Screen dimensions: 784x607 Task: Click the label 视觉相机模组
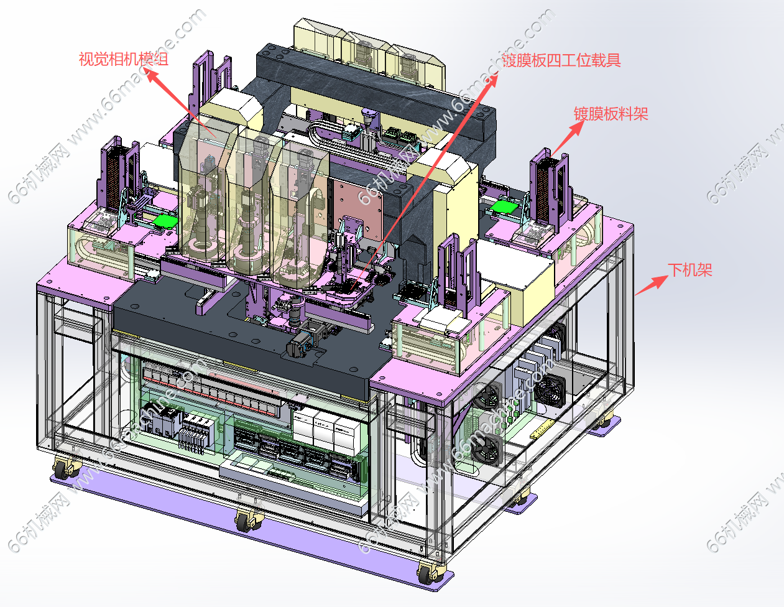pos(124,59)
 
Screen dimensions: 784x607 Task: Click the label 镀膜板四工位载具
pos(561,60)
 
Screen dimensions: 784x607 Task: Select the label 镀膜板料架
pos(611,114)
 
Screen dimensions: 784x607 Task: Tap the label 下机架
pos(690,270)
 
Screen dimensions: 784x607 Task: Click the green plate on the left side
pos(165,221)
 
